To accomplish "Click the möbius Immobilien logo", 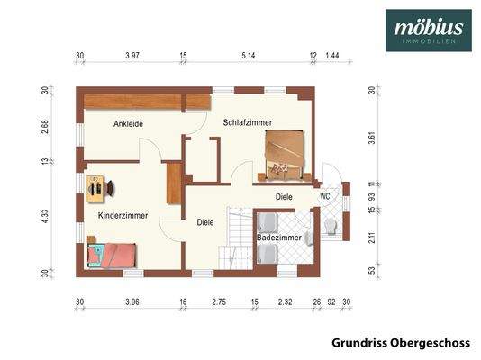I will [x=428, y=30].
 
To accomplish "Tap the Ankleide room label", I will [x=128, y=124].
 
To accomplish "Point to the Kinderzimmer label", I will [x=123, y=215].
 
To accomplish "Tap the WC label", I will [x=325, y=195].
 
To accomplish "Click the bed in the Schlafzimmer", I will [x=283, y=155].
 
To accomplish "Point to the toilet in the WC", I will [x=330, y=225].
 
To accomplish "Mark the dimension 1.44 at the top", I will [x=332, y=57].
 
